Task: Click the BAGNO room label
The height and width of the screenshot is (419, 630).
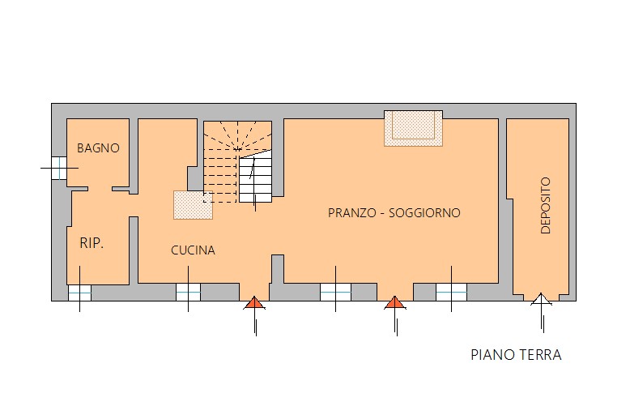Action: click(x=98, y=148)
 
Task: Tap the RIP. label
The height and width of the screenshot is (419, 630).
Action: click(x=92, y=243)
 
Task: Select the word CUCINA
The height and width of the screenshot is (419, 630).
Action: click(x=193, y=250)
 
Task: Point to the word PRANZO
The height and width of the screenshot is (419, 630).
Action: click(x=352, y=212)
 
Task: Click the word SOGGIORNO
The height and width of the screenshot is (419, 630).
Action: click(x=424, y=212)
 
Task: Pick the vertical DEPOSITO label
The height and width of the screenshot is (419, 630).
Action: click(x=545, y=206)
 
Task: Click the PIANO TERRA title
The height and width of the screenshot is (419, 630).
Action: click(x=516, y=355)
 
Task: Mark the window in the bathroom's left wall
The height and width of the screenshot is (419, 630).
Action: click(x=59, y=168)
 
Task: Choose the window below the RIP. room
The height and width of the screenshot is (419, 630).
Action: click(x=79, y=293)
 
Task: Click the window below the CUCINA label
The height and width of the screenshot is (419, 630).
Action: click(x=188, y=293)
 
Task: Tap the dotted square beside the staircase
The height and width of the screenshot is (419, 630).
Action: click(x=193, y=205)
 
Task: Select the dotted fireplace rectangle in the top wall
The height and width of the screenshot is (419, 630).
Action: click(x=413, y=128)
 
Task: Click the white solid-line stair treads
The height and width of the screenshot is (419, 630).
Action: click(x=256, y=177)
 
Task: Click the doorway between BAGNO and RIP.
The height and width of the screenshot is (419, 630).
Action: click(x=100, y=189)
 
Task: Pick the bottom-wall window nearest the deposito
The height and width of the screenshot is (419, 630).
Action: click(x=451, y=293)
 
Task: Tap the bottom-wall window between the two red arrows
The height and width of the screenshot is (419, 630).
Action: click(x=335, y=293)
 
